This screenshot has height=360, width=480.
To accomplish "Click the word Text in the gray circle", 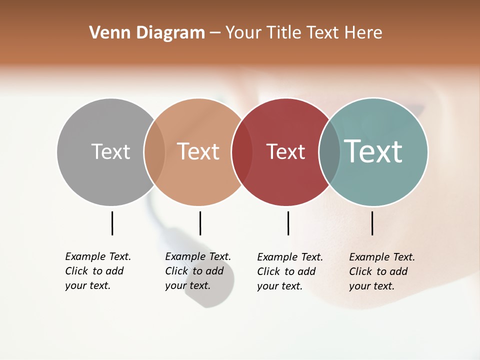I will click(x=110, y=151).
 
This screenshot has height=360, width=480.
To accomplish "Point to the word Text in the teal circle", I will click(x=373, y=151).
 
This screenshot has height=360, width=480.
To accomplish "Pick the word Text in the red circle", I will click(x=285, y=151).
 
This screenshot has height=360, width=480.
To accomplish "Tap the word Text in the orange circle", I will click(x=198, y=151).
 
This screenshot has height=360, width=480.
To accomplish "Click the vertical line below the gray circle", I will click(x=112, y=223).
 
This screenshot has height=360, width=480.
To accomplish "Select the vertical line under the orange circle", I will click(x=200, y=223).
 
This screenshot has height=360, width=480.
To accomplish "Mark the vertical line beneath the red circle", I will click(x=288, y=223).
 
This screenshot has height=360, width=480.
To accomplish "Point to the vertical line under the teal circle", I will click(x=372, y=223).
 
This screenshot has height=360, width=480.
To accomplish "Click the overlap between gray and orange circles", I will click(x=154, y=152).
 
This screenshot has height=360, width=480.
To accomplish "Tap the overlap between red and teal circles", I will click(x=329, y=152).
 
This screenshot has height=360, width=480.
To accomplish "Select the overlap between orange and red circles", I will click(x=242, y=152).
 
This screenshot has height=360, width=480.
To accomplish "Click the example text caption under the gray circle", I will click(x=98, y=271).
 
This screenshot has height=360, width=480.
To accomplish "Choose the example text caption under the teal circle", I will click(x=382, y=271).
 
